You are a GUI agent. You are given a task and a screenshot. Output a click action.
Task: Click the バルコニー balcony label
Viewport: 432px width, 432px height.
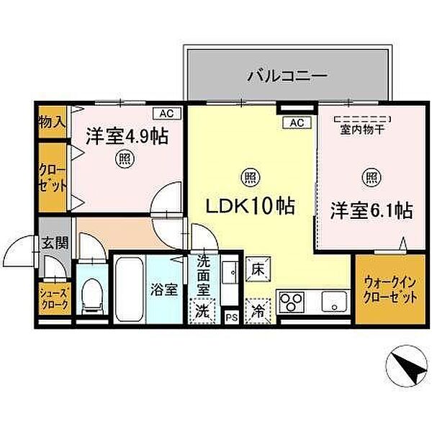coord(287,75)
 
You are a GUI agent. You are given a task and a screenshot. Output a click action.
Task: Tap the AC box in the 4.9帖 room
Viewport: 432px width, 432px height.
coord(167,113)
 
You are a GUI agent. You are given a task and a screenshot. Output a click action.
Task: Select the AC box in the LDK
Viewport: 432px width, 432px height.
coord(297,122)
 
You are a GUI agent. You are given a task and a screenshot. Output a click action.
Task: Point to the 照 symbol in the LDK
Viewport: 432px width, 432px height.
coord(251,177)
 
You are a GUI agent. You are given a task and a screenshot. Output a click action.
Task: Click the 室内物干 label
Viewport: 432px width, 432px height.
coord(362,130)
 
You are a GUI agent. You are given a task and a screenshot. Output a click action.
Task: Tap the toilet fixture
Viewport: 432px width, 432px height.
coord(92,296)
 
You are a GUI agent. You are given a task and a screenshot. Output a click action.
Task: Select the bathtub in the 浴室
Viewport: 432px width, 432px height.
coord(129,290)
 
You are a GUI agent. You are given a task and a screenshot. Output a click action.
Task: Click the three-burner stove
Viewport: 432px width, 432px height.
coord(292,302)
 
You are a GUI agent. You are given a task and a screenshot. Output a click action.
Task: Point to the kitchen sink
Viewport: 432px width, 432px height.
coord(334,302)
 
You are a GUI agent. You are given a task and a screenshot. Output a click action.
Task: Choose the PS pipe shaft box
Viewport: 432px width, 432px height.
coord(232,317)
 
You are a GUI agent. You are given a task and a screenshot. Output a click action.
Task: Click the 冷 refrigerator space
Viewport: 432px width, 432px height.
coord(258,311)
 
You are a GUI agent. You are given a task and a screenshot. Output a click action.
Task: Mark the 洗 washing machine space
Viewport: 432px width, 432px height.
coord(202,311)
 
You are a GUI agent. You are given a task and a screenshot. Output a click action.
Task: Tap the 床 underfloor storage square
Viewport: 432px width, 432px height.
coord(258,269)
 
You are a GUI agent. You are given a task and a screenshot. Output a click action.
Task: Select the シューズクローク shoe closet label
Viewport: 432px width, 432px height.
coord(54,299)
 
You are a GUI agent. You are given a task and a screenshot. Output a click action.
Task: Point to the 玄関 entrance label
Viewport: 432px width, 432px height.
coord(55,243)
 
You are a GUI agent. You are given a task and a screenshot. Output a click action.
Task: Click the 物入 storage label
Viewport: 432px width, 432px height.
coord(52,122)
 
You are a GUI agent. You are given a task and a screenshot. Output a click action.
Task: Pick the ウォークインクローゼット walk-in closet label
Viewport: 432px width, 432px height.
coord(390,290)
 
